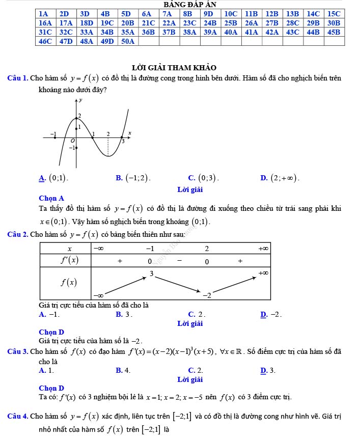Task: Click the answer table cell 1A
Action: (43, 14)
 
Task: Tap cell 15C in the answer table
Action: (334, 14)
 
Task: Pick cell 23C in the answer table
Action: (189, 23)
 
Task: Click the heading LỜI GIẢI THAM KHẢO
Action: (174, 68)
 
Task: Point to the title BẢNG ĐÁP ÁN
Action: (183, 4)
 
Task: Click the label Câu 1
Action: (17, 78)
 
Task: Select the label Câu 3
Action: (17, 351)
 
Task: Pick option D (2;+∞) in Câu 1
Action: (280, 178)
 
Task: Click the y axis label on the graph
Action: (80, 101)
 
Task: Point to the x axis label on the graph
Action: (129, 133)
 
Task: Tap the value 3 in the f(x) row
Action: (151, 274)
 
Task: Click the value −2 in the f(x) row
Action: (207, 295)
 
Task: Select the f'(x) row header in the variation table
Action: (69, 261)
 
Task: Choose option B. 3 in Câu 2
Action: (124, 314)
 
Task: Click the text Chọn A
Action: (51, 198)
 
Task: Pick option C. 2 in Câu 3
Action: (196, 370)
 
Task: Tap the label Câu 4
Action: (17, 416)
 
